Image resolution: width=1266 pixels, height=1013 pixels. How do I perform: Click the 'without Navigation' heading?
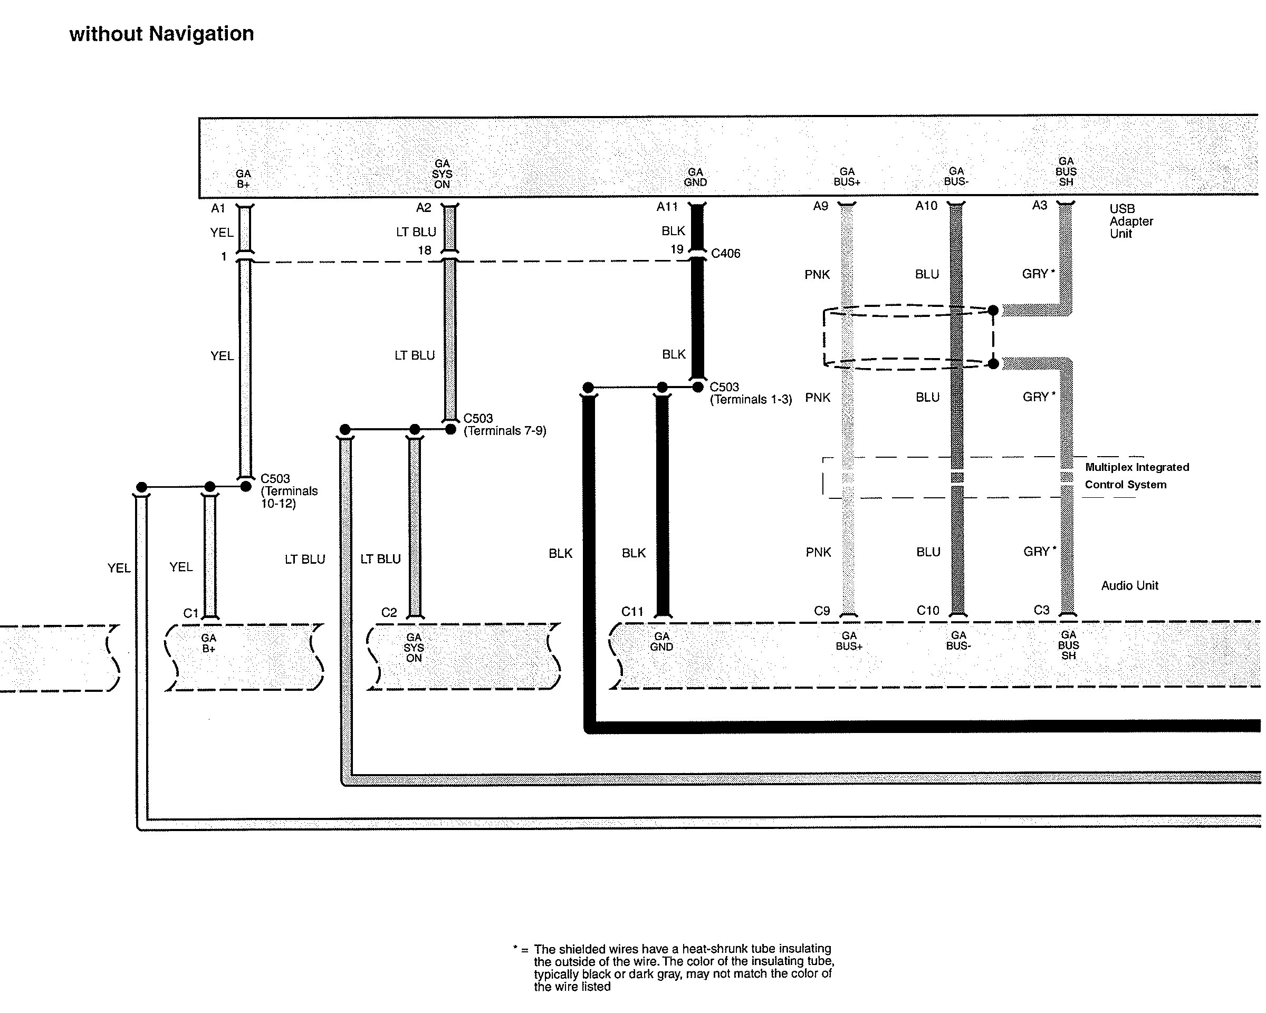(x=161, y=34)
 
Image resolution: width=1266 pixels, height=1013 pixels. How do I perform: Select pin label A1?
(x=218, y=208)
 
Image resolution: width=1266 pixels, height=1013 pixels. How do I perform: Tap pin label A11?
(x=667, y=207)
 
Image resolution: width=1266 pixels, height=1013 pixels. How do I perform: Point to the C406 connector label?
(x=725, y=254)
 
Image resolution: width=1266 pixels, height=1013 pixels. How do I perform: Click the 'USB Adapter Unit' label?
(x=1131, y=221)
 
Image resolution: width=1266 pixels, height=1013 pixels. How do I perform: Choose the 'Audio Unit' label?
(x=1129, y=585)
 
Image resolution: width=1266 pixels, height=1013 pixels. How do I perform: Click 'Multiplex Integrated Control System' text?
(x=1137, y=476)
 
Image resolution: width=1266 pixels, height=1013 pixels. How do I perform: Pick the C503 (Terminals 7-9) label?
(x=504, y=425)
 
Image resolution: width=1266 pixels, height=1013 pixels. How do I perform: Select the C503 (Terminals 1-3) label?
(x=751, y=393)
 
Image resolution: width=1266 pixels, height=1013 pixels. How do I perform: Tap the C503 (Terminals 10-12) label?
(x=289, y=490)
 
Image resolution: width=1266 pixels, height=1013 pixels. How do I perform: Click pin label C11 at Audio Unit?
(x=632, y=612)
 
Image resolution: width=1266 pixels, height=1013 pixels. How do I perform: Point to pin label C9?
(x=821, y=611)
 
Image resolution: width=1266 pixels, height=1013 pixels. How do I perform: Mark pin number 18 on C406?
(x=425, y=250)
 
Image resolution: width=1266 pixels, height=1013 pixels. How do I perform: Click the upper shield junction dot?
(x=993, y=310)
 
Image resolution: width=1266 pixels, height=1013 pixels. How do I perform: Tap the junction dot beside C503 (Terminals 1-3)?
(x=697, y=387)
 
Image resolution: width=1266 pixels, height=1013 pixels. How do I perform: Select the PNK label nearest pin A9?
(x=817, y=275)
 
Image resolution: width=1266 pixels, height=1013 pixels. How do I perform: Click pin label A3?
(x=1039, y=206)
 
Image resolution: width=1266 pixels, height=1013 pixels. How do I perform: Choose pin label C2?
(x=389, y=613)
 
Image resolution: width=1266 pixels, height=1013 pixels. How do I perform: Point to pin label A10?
(x=926, y=206)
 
